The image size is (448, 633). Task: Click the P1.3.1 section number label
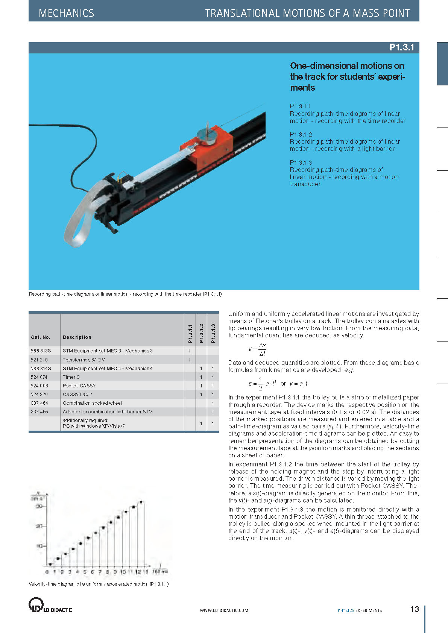tap(401, 47)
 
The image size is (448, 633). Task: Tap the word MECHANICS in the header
tap(66, 13)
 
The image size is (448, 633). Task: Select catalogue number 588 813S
tap(41, 351)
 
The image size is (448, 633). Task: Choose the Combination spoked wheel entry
tap(92, 403)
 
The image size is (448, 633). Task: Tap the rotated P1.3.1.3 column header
tap(213, 333)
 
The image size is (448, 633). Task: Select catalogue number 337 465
tap(39, 412)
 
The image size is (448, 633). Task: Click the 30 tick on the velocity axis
tap(39, 506)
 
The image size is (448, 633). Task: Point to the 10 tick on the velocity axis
tap(39, 546)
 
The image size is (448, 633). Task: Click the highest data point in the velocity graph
tap(141, 502)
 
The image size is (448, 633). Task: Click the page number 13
tap(415, 609)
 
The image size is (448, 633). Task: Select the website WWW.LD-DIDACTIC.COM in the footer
tap(224, 610)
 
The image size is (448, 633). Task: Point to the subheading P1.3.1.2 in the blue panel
tap(301, 134)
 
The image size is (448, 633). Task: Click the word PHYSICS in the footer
tap(346, 610)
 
